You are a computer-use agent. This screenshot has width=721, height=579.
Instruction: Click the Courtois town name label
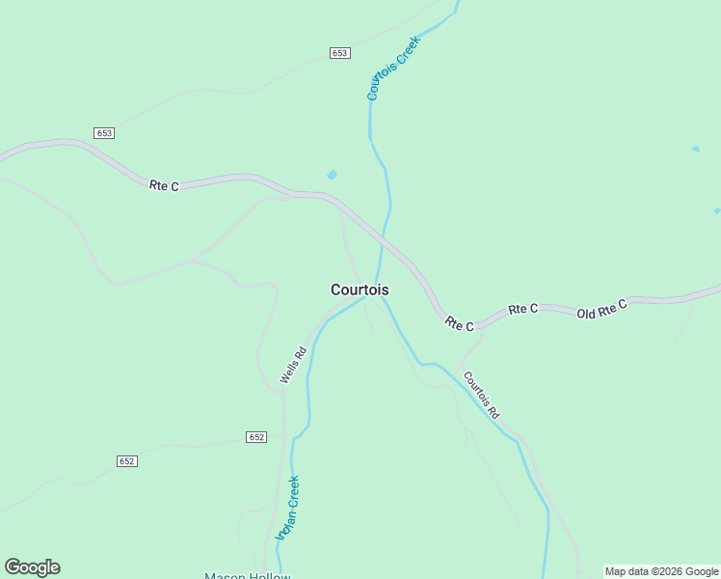pos(360,289)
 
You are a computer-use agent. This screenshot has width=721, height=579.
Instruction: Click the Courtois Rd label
pos(481,395)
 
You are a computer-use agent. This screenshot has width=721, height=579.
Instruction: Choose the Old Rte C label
pos(601,310)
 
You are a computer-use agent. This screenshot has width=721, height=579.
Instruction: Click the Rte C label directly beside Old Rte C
pos(522,309)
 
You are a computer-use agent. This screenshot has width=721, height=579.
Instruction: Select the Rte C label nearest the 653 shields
pos(164,185)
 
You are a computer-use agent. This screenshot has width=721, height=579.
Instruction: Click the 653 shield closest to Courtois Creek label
pos(339,53)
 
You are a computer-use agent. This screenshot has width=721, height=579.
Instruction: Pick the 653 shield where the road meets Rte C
pos(105,132)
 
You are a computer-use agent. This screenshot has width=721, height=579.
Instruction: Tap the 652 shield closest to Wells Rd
pos(255,437)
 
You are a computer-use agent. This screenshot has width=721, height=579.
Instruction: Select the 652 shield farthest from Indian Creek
pos(127,461)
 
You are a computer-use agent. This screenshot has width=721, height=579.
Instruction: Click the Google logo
pos(32,567)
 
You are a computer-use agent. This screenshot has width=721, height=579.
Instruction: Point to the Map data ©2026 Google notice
pos(661,571)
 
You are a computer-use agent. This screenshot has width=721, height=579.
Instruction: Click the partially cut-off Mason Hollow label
pos(247,576)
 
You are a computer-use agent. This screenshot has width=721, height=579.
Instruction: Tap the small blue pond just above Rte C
pos(333,175)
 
